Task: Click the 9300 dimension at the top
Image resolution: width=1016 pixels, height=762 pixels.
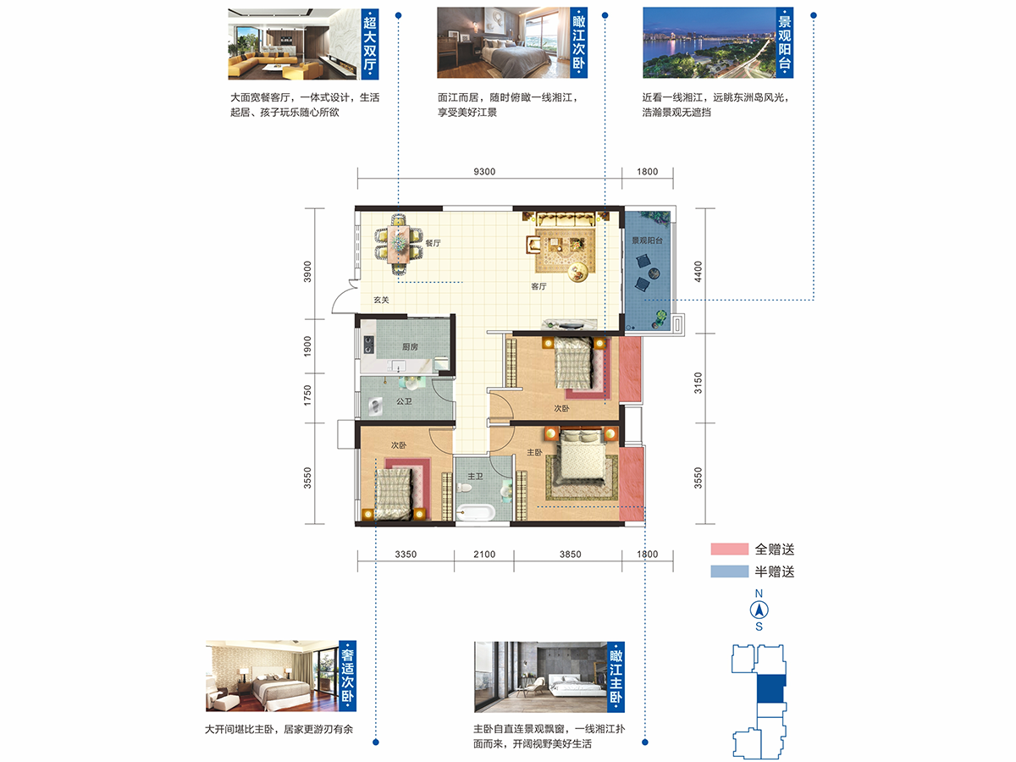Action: [x=484, y=172]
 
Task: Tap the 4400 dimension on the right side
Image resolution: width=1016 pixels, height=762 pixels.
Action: [x=698, y=272]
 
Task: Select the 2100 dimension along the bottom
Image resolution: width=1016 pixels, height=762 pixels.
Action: [x=484, y=555]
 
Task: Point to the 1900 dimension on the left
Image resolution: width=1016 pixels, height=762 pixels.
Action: [x=307, y=346]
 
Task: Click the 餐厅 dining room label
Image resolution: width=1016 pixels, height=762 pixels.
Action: [x=433, y=243]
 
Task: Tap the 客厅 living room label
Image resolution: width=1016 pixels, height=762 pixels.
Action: [x=538, y=286]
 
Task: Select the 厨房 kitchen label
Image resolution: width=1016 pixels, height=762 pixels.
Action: [x=410, y=346]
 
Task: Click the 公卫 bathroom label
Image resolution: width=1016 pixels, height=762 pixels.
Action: [x=404, y=401]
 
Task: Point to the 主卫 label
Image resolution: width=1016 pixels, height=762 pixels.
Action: [x=475, y=476]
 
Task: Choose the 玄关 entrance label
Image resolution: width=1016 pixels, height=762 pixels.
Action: [x=381, y=300]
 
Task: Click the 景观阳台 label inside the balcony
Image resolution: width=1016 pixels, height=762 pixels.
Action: [x=647, y=240]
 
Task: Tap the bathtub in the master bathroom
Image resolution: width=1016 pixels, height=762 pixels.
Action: [x=475, y=512]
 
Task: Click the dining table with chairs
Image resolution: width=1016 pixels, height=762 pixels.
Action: [x=398, y=243]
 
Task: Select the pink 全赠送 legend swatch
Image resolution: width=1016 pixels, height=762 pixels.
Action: [x=730, y=549]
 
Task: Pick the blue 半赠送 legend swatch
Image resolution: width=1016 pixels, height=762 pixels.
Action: [x=730, y=571]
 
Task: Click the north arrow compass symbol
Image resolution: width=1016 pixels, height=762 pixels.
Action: [x=759, y=610]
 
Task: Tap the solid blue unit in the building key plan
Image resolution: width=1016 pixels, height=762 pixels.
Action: [x=770, y=689]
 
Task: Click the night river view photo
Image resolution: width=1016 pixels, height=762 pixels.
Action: [x=710, y=42]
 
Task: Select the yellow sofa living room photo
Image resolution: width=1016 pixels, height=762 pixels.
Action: [x=294, y=44]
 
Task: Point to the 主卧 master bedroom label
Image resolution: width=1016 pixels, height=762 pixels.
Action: [x=534, y=452]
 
